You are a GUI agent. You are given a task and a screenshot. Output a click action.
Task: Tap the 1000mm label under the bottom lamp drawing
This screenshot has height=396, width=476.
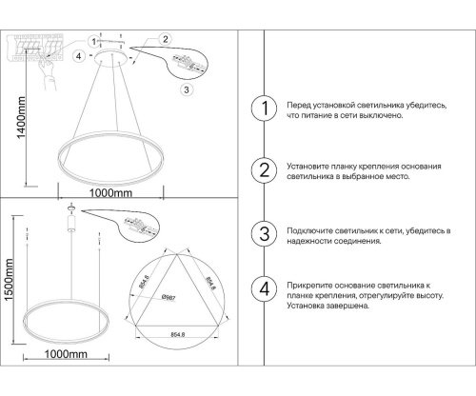tap(67, 381)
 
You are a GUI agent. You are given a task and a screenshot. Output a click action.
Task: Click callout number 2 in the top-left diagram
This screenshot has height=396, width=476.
tap(165, 40)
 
